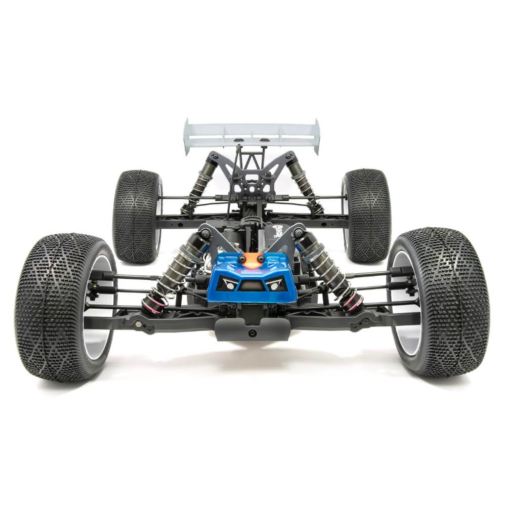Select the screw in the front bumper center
(x=251, y=332)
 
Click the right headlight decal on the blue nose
(x=274, y=284)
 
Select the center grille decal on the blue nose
(x=251, y=286)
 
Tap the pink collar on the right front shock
(x=353, y=302)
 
